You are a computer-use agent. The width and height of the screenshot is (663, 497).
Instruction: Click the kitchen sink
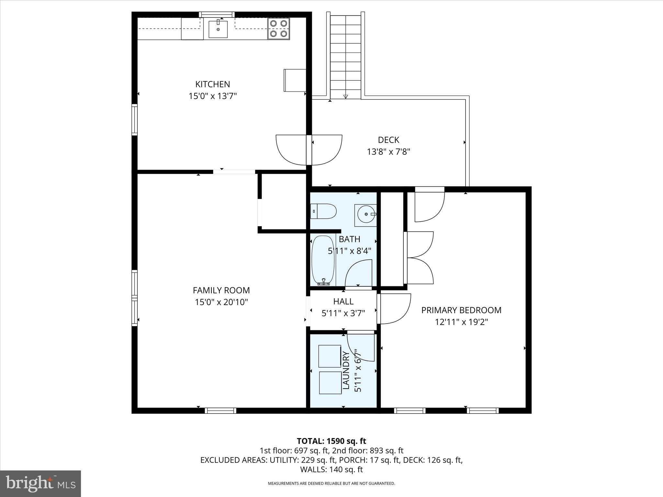pos(218,29)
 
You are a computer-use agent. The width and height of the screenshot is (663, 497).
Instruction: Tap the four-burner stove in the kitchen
pos(279,28)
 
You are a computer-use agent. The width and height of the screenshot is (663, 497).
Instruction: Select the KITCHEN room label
pos(212,84)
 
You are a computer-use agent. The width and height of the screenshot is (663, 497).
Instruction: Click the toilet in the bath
pos(323,211)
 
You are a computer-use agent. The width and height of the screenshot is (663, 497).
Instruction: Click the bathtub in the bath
pos(323,260)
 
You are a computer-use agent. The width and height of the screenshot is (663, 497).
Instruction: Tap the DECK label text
pos(388,140)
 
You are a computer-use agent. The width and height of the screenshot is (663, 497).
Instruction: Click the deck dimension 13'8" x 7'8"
pos(388,152)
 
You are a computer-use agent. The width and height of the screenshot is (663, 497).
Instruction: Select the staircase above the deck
pos(345,55)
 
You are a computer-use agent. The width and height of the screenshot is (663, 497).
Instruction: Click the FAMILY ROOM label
pos(221,290)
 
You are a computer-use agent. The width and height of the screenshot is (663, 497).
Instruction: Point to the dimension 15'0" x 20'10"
pos(221,302)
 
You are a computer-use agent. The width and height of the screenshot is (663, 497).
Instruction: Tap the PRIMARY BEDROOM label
pos(461,310)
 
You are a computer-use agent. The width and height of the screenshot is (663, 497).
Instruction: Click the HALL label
pos(343,301)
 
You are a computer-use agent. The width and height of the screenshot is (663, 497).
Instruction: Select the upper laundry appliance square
pos(330,356)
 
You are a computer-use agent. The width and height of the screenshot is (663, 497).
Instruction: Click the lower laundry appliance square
pos(330,383)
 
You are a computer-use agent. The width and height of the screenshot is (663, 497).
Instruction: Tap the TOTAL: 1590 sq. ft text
pos(331,441)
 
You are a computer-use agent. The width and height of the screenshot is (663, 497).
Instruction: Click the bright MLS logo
pos(40,483)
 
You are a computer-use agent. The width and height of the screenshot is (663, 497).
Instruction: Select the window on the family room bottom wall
pos(220,411)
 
